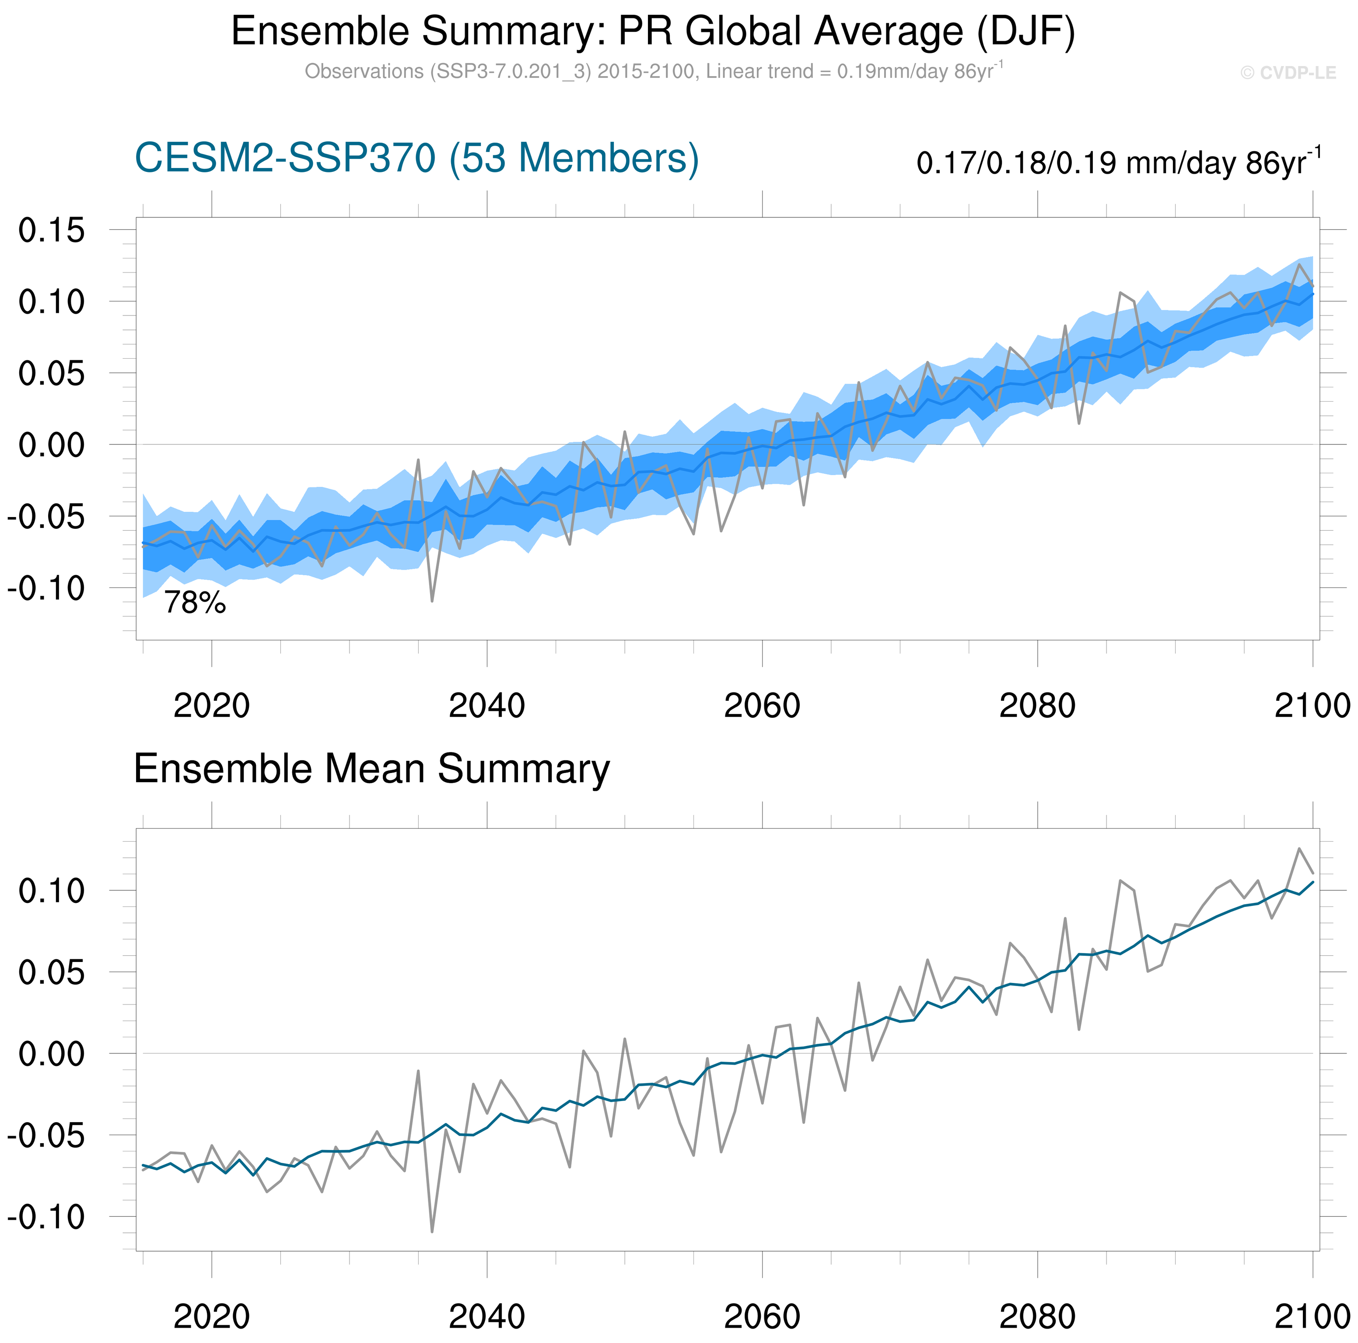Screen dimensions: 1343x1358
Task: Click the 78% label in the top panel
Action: coord(195,603)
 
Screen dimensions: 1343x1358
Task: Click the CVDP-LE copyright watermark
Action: coord(1288,73)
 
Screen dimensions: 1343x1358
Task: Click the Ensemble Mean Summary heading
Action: coord(371,769)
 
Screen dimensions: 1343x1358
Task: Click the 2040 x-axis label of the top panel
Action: coord(486,706)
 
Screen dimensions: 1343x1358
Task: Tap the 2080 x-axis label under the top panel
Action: coord(1037,706)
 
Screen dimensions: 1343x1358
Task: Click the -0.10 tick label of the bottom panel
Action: coord(45,1217)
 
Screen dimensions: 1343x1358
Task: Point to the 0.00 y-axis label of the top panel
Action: coord(51,445)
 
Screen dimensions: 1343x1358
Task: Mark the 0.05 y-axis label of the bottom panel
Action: coord(51,972)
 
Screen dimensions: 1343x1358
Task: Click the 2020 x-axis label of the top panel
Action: coord(212,706)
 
